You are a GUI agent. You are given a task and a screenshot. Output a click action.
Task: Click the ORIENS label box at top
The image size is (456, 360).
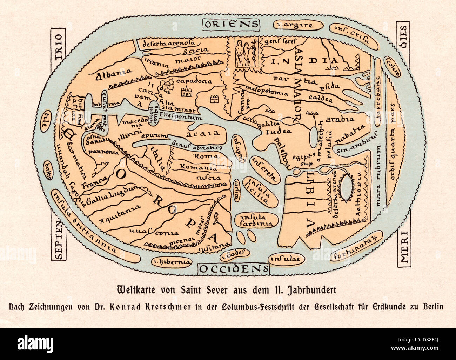pos(231,24)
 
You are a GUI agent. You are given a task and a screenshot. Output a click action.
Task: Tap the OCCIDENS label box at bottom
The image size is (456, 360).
pos(234,268)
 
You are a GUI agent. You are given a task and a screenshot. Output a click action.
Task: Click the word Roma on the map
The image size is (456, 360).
pos(201,156)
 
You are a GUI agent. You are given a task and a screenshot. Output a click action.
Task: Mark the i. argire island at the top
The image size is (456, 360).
pos(299,25)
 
